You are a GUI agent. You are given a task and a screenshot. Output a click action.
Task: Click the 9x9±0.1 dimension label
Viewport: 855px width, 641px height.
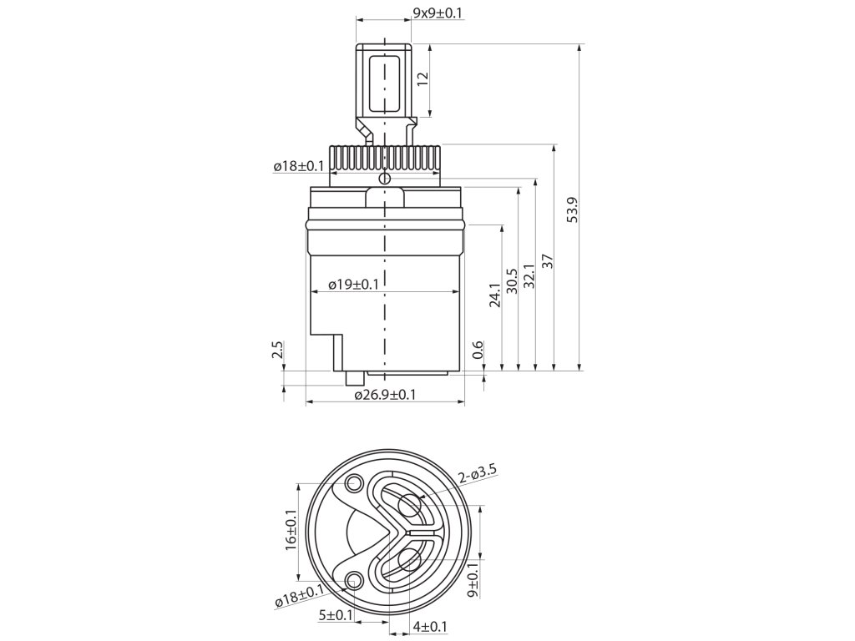(x=439, y=13)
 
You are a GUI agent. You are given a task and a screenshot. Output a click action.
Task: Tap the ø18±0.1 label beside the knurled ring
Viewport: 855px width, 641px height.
(x=298, y=167)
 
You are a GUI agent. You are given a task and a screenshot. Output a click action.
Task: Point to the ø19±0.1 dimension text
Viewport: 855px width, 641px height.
(x=353, y=284)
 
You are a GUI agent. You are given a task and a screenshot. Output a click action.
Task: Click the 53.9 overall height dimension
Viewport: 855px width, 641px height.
(x=572, y=210)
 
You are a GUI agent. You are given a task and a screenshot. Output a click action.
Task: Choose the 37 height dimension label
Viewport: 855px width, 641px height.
(x=548, y=261)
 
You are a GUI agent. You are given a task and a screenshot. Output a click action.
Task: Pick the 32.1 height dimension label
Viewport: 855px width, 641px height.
(x=529, y=278)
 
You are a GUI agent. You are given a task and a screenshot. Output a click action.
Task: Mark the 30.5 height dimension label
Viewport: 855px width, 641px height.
(x=513, y=278)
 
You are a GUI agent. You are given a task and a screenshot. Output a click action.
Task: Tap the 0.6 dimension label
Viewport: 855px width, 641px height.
(x=477, y=351)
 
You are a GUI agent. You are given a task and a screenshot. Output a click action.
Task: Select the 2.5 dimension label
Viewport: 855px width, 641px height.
(x=277, y=349)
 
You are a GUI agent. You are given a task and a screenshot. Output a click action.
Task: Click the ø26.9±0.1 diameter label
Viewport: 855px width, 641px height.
(x=385, y=394)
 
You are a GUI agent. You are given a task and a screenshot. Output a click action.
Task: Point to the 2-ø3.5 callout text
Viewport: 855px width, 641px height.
(x=478, y=474)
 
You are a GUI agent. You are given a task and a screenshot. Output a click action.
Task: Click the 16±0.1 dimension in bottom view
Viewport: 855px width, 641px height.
(x=291, y=529)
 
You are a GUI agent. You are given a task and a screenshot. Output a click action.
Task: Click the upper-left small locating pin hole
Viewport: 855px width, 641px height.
(x=354, y=482)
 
